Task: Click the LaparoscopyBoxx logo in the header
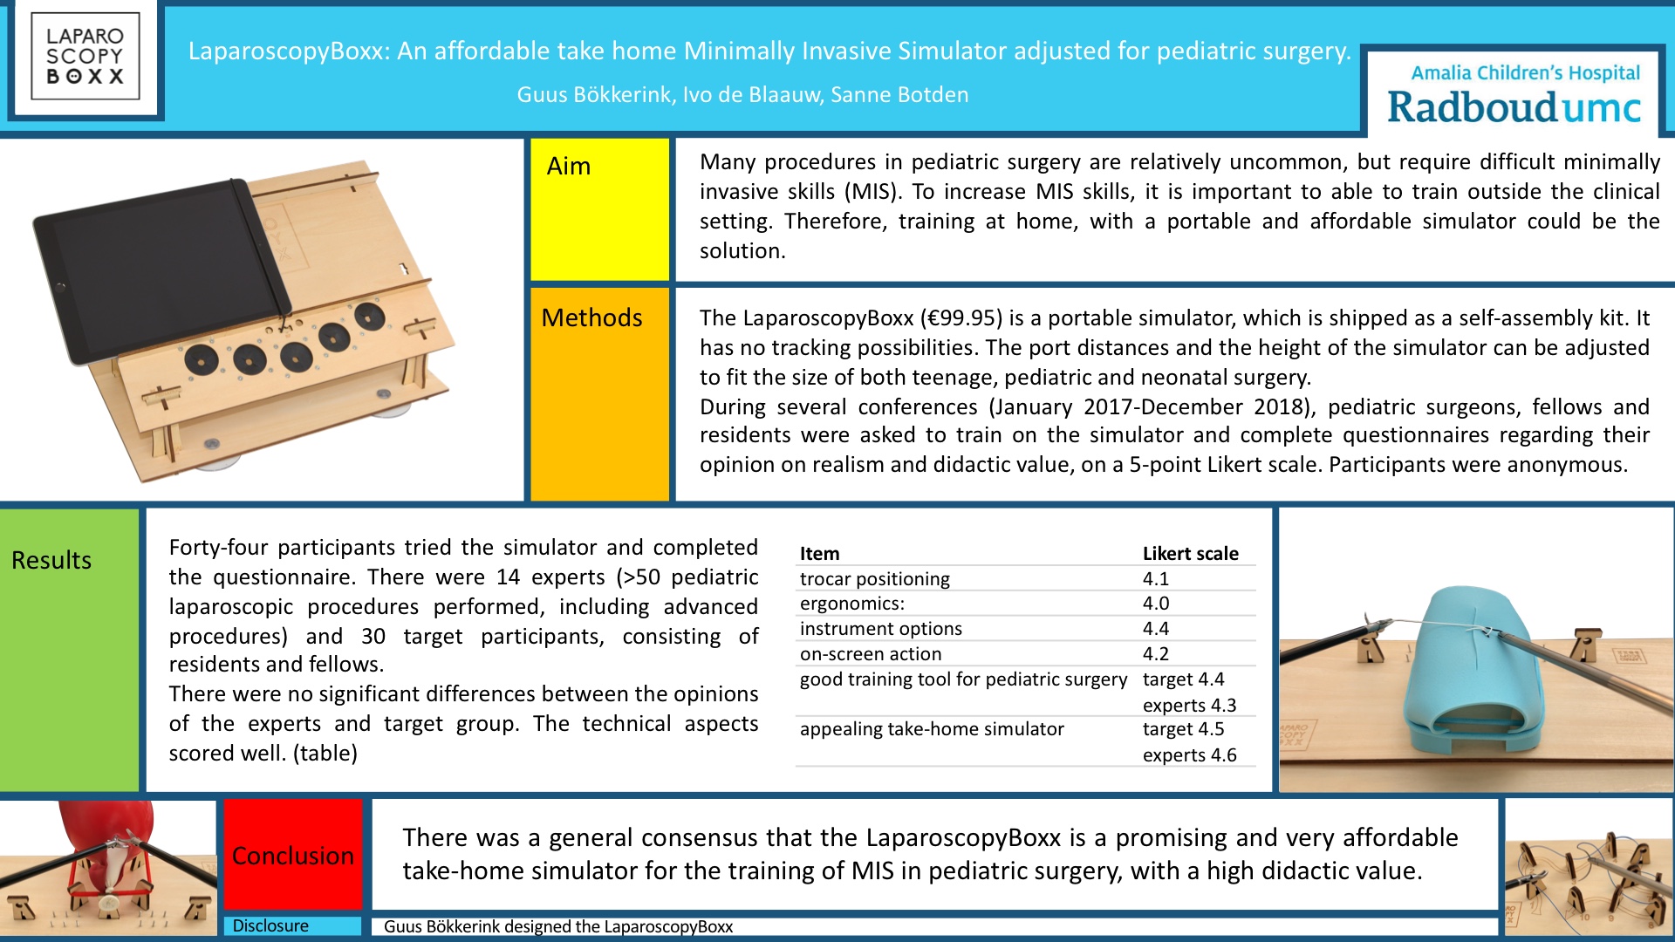click(85, 57)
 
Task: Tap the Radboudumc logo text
click(1514, 108)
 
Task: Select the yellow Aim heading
click(569, 166)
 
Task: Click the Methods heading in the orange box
click(591, 317)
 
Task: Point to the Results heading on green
click(51, 560)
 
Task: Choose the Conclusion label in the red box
click(293, 856)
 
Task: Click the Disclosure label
click(270, 925)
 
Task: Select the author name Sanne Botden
click(899, 94)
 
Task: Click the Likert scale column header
click(1191, 553)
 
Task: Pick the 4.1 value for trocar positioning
click(1156, 578)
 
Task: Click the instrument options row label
click(881, 628)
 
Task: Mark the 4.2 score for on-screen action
click(1156, 653)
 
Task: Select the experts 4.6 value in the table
click(1190, 754)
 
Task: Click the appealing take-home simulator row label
click(932, 728)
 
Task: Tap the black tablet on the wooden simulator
click(161, 270)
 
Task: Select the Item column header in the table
click(819, 553)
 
